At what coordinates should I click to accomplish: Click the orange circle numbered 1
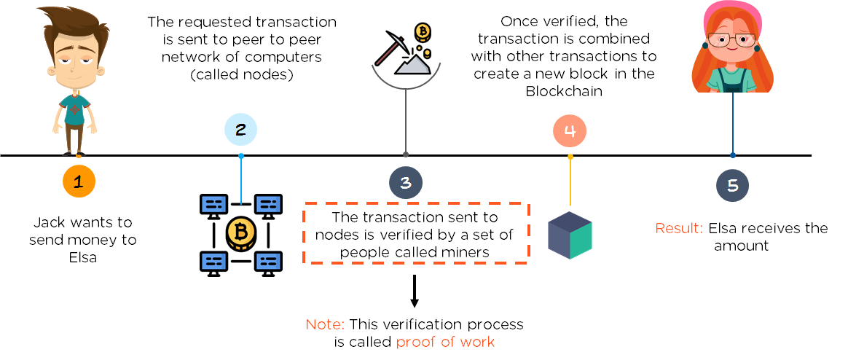(79, 183)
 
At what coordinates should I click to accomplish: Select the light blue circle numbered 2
(240, 130)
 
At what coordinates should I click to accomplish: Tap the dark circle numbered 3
(406, 184)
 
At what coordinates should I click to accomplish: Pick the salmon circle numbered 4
(570, 130)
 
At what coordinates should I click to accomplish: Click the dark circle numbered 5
(732, 185)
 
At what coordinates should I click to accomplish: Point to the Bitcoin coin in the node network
(240, 233)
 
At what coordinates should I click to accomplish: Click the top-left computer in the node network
(213, 205)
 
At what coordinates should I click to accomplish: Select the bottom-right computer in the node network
(268, 261)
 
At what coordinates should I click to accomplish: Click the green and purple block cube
(570, 235)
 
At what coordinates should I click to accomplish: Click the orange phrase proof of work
(445, 342)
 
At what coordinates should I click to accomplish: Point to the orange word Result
(679, 229)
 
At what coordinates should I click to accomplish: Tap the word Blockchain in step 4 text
(563, 90)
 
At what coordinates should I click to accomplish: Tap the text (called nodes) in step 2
(240, 75)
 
